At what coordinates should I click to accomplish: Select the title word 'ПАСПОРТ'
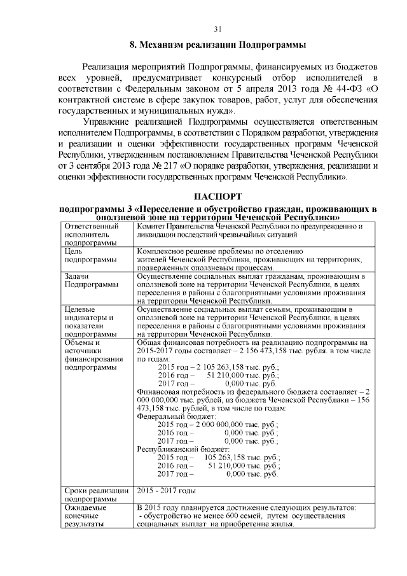[217, 196]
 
